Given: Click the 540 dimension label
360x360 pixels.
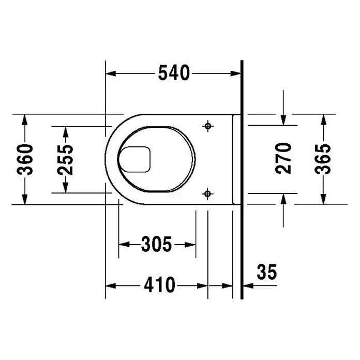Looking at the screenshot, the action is [x=174, y=73].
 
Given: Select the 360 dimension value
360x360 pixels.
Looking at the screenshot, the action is [x=25, y=159].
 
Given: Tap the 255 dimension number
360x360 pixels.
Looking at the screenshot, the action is [x=66, y=160].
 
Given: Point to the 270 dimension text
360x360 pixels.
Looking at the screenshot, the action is [x=283, y=158].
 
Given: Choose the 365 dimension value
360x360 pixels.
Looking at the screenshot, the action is [x=323, y=159].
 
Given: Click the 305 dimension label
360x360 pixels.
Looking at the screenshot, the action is [x=156, y=244].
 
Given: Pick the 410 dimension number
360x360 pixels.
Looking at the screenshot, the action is [x=159, y=284].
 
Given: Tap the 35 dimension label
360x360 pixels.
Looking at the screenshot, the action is [x=267, y=272].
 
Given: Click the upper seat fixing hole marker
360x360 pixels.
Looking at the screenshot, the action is [x=208, y=126].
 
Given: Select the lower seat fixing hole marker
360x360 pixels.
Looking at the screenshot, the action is [x=207, y=194].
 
